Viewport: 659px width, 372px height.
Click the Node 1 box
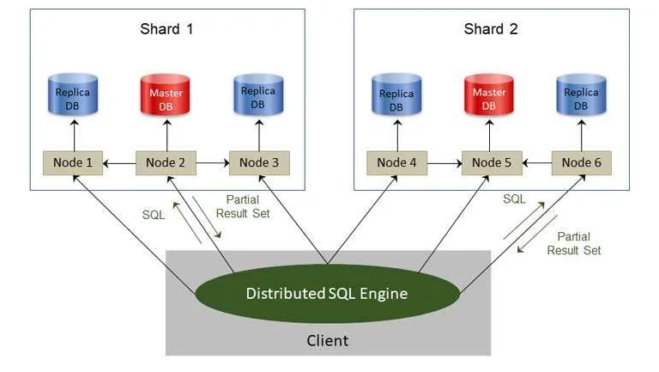coord(73,162)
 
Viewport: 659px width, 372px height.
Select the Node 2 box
coord(166,162)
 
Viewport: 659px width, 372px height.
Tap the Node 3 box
coord(259,162)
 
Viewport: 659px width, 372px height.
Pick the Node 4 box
coord(396,162)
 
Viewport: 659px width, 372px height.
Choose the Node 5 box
coord(491,162)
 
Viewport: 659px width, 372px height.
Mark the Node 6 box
coord(583,162)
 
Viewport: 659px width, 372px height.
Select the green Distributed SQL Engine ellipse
coord(327,293)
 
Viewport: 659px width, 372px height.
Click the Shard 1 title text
coord(166,28)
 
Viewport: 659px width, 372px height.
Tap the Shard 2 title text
coord(491,28)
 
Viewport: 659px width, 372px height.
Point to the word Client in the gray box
coord(327,341)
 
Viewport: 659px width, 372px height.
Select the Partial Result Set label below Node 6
coord(579,243)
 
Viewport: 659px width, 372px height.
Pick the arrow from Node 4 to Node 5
coord(444,162)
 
